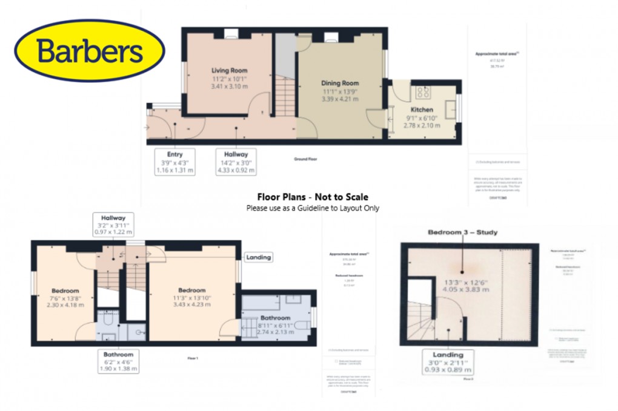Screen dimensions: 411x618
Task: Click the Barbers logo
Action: coord(89,51)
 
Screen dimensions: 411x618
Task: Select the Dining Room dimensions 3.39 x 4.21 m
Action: coord(339,99)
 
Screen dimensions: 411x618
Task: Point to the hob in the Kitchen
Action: coord(422,93)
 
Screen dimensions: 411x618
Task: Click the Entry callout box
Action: coord(174,162)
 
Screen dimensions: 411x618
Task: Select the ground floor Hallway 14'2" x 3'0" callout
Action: coord(236,162)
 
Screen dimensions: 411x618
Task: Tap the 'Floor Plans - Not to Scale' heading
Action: coord(312,197)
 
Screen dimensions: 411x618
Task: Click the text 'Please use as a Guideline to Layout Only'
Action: coord(312,208)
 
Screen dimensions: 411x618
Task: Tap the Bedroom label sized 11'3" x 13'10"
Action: coord(191,290)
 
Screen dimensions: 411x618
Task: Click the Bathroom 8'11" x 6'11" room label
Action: coord(275,317)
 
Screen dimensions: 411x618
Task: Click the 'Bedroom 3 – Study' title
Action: coord(463,232)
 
